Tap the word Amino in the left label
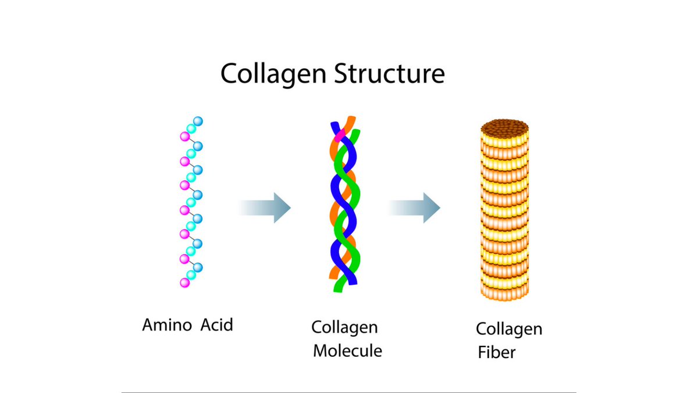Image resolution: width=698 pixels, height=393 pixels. point(167,325)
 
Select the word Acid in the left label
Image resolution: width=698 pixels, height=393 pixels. point(216,325)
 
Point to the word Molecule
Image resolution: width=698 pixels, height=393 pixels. point(347,350)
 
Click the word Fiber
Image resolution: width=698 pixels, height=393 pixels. point(497,352)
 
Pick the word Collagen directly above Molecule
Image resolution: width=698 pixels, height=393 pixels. point(344,327)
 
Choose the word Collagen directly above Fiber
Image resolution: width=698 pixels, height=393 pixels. point(509,329)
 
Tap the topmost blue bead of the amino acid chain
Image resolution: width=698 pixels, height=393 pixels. point(198,122)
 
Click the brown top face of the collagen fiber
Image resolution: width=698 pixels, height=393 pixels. point(504,126)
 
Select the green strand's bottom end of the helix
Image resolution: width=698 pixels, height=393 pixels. point(338,287)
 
